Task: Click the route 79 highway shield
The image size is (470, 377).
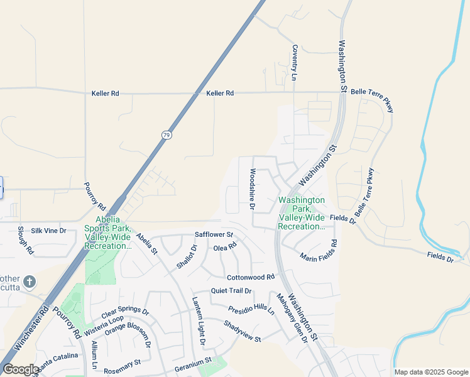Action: (166, 135)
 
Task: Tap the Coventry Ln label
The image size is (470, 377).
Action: (293, 63)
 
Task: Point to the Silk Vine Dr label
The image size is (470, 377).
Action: (48, 231)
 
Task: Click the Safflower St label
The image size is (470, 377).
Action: (214, 234)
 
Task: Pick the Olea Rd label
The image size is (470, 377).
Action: (224, 247)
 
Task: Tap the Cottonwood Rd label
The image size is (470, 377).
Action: (251, 277)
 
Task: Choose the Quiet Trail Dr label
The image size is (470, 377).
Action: (231, 290)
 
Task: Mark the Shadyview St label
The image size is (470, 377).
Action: (241, 331)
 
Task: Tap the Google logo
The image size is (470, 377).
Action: (20, 369)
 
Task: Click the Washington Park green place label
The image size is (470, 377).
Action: (302, 213)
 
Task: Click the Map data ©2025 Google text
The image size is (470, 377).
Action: (430, 372)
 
